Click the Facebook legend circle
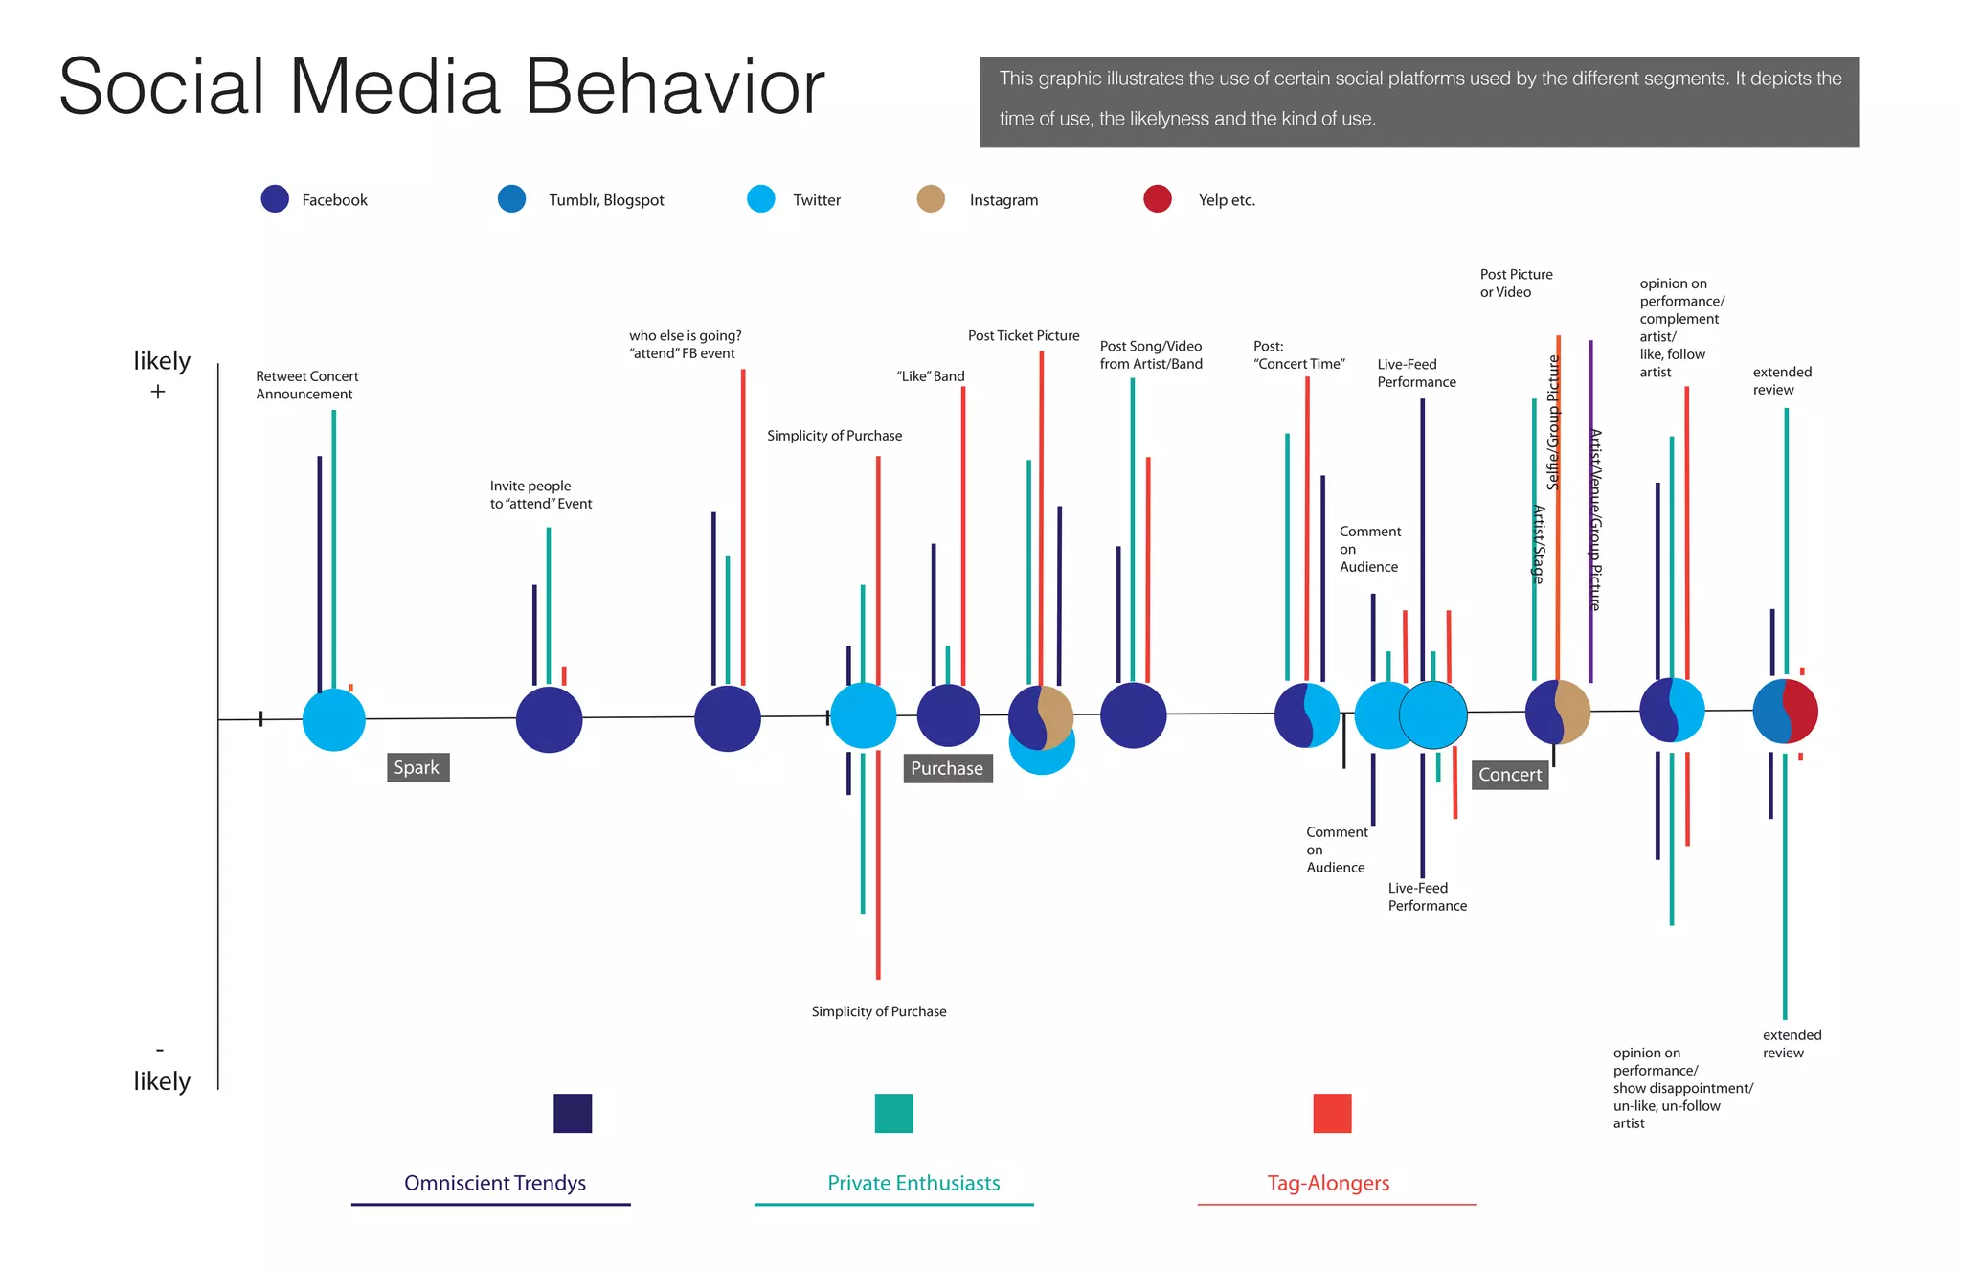coord(275,199)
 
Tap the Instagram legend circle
coord(931,199)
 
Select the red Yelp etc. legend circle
coord(1158,199)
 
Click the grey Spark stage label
coord(417,768)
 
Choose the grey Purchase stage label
coord(947,768)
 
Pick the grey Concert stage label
coord(1510,775)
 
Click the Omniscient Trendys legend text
coord(495,1183)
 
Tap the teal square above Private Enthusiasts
coord(893,1113)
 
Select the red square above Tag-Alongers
coord(1332,1113)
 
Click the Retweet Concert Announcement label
coord(306,385)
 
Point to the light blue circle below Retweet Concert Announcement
coord(334,719)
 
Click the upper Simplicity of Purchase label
coord(834,436)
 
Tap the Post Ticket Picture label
coord(1023,336)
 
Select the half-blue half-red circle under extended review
coord(1785,712)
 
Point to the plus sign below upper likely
coord(158,392)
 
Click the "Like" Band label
coord(930,376)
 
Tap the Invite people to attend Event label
coord(540,495)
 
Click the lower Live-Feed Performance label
coord(1427,897)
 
